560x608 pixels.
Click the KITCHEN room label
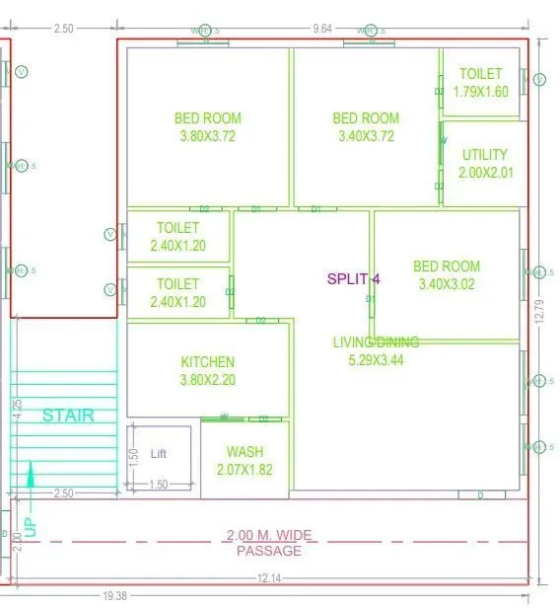[207, 362]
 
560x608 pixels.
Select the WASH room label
[245, 453]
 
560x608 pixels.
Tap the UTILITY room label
[484, 155]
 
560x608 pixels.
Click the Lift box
[159, 454]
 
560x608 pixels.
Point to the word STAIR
[68, 416]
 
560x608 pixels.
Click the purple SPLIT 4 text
[354, 279]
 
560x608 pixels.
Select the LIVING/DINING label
[375, 342]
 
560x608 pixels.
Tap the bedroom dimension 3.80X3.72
[207, 136]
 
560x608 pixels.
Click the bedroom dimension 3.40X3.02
[447, 284]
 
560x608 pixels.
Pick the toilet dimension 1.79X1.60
[480, 92]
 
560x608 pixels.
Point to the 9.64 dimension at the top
[322, 30]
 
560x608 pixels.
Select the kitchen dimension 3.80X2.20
[207, 379]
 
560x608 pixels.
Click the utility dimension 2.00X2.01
[484, 173]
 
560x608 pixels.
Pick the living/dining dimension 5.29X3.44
[375, 360]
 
